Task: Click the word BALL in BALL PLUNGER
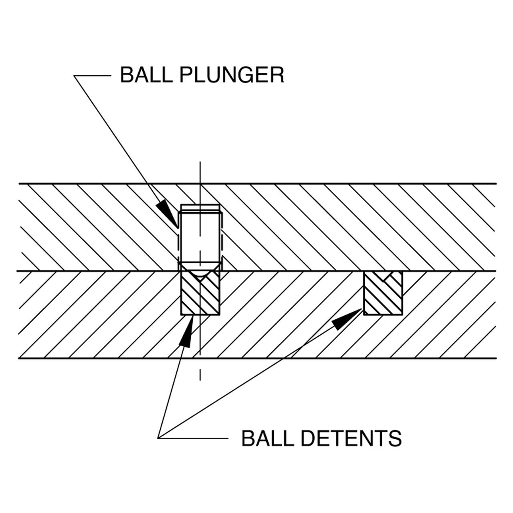[x=146, y=75]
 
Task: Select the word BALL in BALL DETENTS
[x=268, y=438]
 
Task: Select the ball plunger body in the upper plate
[x=200, y=237]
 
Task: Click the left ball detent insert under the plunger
[x=200, y=293]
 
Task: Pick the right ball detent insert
[x=383, y=293]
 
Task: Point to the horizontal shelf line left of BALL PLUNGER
[x=92, y=76]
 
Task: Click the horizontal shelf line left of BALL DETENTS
[x=193, y=438]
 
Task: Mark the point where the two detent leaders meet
[x=158, y=438]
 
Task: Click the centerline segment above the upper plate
[x=200, y=172]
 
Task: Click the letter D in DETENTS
[x=309, y=438]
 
